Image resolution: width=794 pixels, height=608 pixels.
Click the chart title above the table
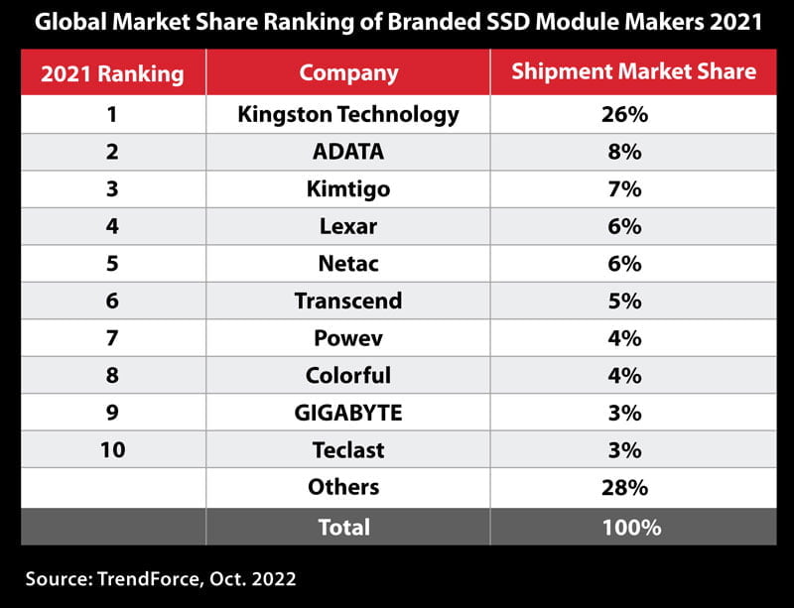397,22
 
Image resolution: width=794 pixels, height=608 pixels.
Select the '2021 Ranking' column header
112,72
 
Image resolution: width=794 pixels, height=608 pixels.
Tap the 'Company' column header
348,72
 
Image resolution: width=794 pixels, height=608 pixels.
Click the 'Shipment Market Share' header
633,72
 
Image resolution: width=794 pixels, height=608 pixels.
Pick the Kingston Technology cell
348,114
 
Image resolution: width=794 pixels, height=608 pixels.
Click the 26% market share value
624,114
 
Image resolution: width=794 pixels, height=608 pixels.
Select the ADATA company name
348,152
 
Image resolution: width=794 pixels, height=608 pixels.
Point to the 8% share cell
624,152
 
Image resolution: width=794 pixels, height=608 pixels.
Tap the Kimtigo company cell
348,188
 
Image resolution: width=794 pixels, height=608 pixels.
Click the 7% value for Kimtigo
624,188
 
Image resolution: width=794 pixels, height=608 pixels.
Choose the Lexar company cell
348,226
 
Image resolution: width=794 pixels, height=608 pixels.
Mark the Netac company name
348,263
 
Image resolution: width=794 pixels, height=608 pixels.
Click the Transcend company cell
348,301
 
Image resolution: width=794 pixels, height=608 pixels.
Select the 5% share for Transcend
624,301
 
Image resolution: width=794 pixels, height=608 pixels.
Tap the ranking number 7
112,338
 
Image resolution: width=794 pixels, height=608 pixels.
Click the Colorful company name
348,375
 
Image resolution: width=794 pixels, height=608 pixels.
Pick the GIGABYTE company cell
348,413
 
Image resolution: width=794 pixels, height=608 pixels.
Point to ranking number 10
112,449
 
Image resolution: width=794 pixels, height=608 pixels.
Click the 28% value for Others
624,487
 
